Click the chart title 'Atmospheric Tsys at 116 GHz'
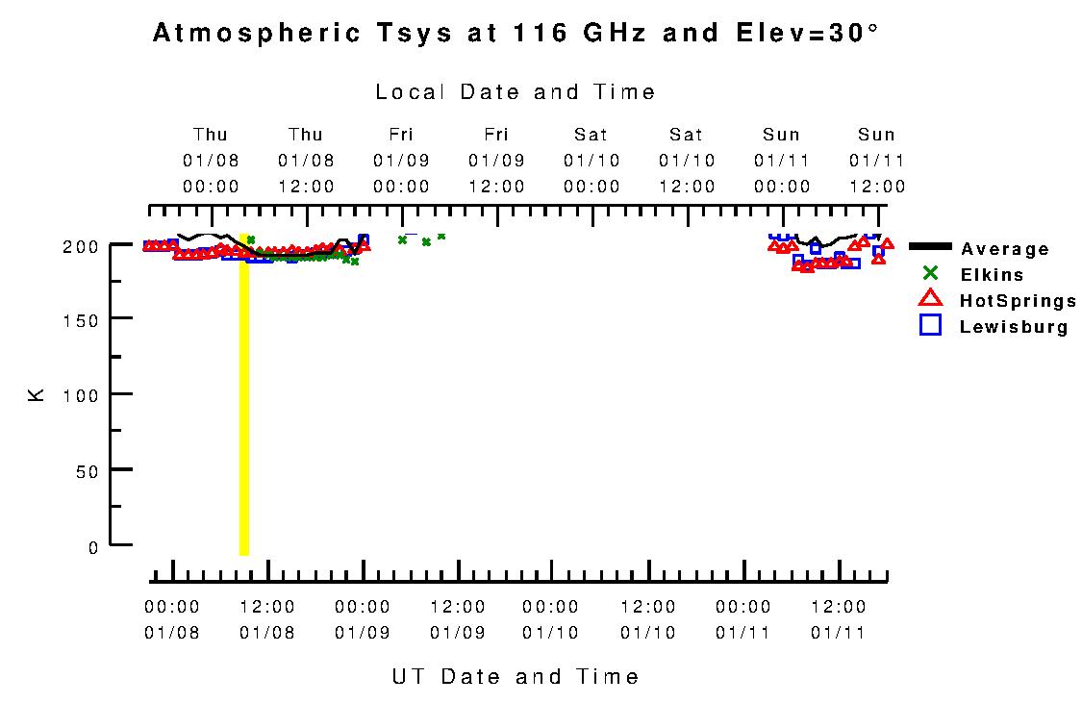point(516,34)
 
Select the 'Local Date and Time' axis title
point(516,92)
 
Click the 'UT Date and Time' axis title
point(516,677)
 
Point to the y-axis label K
point(37,394)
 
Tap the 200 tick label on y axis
point(87,245)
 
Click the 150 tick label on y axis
point(87,320)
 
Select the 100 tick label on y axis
point(87,395)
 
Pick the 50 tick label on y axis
point(91,470)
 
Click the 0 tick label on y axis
point(94,547)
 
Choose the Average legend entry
point(1005,249)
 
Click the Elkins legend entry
point(992,275)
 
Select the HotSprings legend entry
point(1018,301)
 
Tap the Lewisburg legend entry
point(1014,327)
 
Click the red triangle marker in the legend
point(930,299)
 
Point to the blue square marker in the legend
point(930,326)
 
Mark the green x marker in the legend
point(930,273)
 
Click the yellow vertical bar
point(244,404)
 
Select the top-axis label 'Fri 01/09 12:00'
point(496,161)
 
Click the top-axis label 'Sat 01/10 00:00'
point(591,161)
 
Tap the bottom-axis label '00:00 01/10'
point(551,620)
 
